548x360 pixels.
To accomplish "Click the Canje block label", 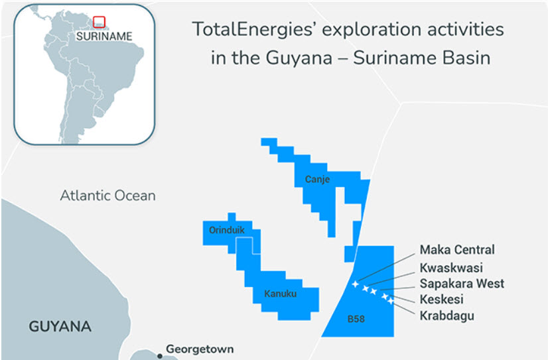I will [x=317, y=179].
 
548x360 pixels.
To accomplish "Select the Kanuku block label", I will [x=280, y=292].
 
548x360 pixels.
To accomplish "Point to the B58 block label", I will [x=356, y=320].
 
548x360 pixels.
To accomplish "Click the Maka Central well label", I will [x=457, y=250].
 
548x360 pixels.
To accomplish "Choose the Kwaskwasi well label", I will [x=451, y=268].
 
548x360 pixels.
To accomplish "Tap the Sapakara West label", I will [x=462, y=284].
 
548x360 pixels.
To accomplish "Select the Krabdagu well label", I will [x=447, y=316].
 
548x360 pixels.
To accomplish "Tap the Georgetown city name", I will [x=200, y=349].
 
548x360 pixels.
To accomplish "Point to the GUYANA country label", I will [x=60, y=326].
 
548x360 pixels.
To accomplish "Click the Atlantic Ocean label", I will [x=107, y=196].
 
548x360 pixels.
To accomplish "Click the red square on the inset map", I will [x=99, y=22].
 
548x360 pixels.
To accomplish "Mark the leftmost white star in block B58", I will [x=355, y=284].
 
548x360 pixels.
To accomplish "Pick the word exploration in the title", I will [x=367, y=30].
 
